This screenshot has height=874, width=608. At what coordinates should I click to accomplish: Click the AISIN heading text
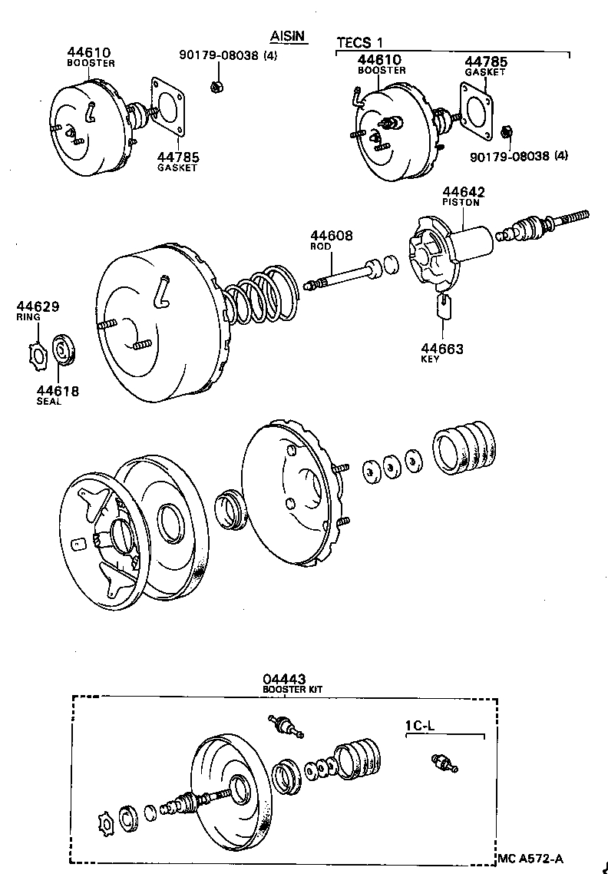pyautogui.click(x=289, y=36)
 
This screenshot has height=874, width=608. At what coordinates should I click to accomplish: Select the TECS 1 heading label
pyautogui.click(x=359, y=42)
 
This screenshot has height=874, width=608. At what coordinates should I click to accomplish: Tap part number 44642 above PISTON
pyautogui.click(x=462, y=191)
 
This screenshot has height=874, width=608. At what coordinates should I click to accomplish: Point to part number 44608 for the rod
pyautogui.click(x=332, y=236)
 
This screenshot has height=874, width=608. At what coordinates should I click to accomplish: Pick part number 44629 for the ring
pyautogui.click(x=38, y=307)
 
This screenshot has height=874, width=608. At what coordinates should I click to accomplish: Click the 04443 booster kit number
pyautogui.click(x=284, y=679)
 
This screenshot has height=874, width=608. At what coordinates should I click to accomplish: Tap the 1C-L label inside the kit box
pyautogui.click(x=421, y=725)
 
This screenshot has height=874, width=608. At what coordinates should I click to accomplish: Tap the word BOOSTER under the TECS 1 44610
pyautogui.click(x=382, y=70)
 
